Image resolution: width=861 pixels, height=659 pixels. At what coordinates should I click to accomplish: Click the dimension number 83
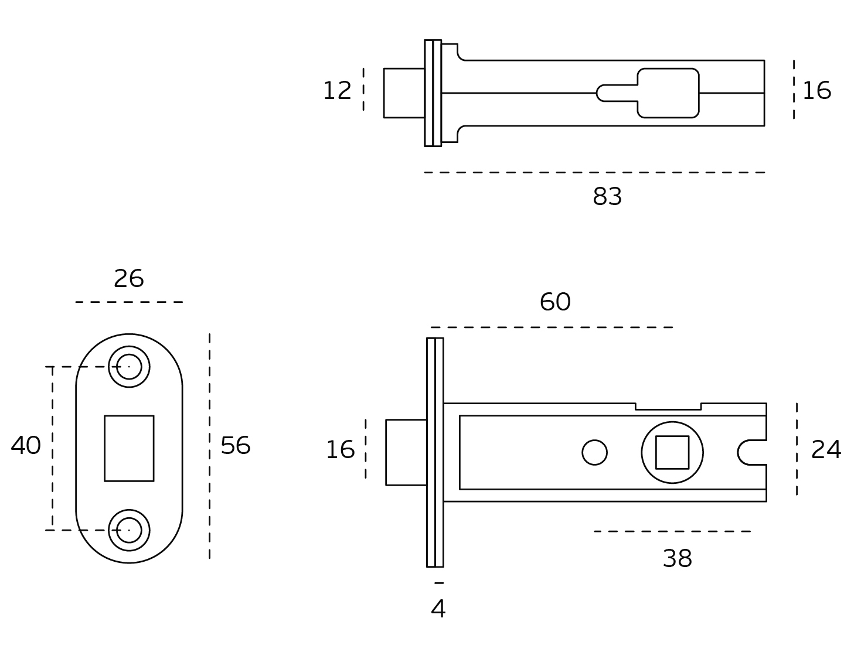607,197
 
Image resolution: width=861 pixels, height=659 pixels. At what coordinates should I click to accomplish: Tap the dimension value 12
337,91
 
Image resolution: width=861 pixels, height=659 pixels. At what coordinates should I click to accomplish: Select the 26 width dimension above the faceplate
128,279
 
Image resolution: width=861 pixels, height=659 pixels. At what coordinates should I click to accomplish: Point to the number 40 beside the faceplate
26,446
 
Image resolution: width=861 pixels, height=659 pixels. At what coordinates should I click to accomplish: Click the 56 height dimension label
235,446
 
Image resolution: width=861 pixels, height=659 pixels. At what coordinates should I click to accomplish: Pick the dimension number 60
554,302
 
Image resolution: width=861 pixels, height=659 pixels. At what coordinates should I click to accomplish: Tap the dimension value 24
826,450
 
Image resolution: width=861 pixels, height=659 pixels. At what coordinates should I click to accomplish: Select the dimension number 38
677,559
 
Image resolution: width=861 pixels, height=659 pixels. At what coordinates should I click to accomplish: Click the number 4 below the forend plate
438,609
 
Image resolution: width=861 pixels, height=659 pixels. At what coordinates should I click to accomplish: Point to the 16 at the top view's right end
816,91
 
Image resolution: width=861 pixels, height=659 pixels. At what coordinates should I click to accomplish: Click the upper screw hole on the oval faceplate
129,367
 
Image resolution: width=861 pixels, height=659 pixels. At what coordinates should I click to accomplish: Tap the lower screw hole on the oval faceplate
129,530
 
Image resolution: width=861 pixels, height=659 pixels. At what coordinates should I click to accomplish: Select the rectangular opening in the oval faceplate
129,448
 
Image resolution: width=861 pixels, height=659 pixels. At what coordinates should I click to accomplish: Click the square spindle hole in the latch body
672,452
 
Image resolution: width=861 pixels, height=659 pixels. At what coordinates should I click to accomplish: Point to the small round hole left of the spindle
594,452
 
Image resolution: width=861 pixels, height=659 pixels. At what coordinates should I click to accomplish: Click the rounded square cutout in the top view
668,93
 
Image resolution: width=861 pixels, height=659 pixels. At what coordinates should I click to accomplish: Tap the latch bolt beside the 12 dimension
404,93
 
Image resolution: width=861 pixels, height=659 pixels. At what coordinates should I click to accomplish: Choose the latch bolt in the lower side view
406,452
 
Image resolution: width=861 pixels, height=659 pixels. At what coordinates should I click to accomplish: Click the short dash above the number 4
439,583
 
